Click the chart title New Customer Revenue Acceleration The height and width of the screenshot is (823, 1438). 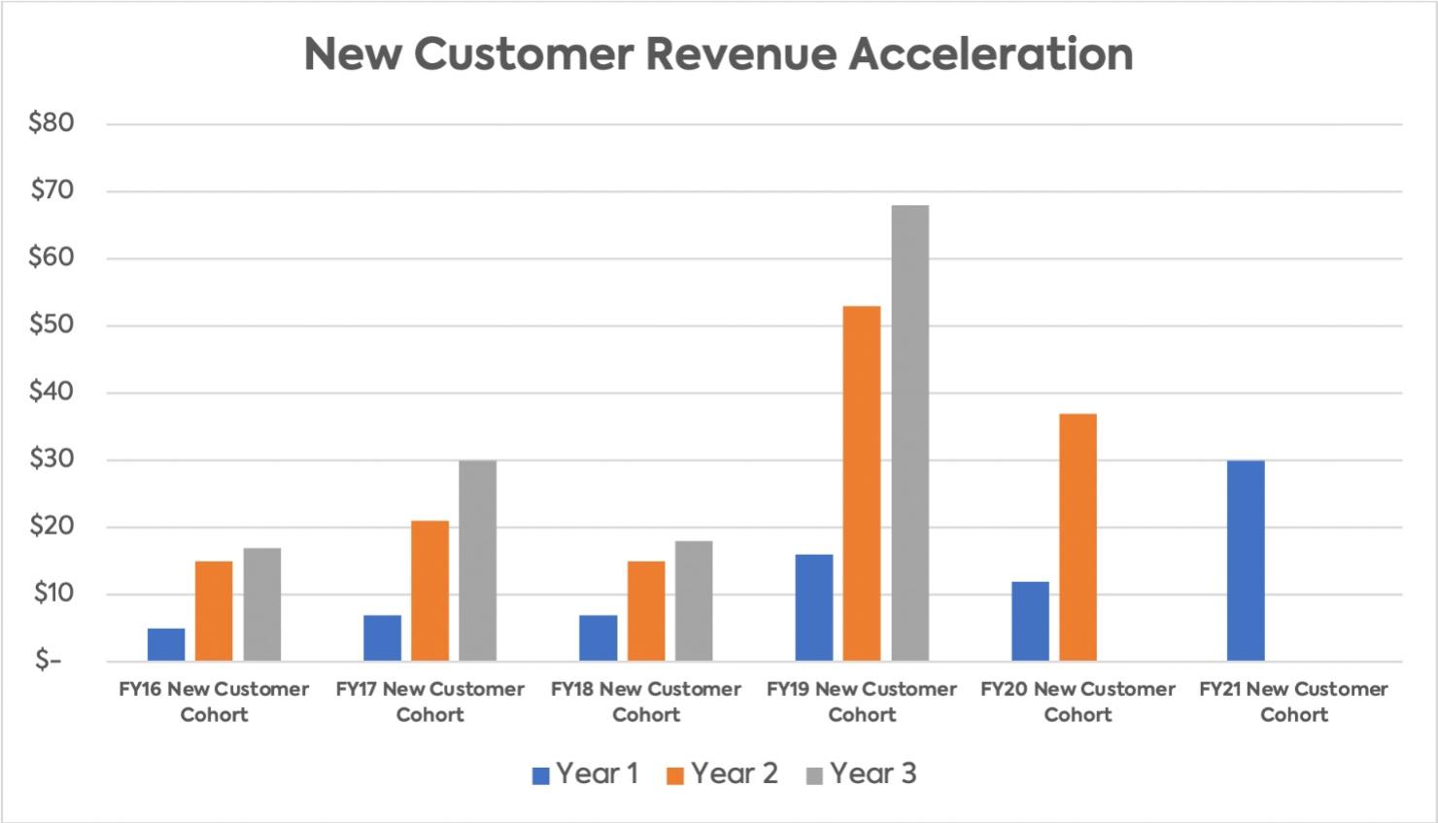coord(718,54)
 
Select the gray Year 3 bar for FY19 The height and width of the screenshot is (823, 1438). coord(910,432)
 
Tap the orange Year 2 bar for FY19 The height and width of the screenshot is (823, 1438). coord(862,483)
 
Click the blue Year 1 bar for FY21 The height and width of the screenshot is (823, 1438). coord(1246,561)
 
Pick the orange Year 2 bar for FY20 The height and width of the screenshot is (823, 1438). coord(1078,537)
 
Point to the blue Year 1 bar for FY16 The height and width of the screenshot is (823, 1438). coord(166,644)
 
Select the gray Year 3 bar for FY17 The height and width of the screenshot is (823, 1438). coord(478,561)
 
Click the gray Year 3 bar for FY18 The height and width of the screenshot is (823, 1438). coord(694,600)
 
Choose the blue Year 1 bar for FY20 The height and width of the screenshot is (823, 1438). coord(1030,621)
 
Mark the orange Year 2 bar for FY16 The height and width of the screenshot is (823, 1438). coord(214,611)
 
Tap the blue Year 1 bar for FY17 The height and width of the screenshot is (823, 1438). coord(382,637)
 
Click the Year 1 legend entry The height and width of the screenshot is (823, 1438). coord(585,774)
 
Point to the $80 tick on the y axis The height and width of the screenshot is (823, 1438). coord(51,123)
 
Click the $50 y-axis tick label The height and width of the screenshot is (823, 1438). coord(51,326)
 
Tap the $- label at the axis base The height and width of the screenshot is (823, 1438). coord(48,661)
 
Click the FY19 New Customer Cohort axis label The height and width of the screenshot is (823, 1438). coord(862,702)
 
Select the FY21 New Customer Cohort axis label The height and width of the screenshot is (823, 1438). coord(1293,702)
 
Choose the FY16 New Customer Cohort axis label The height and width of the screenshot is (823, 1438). coord(214,702)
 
